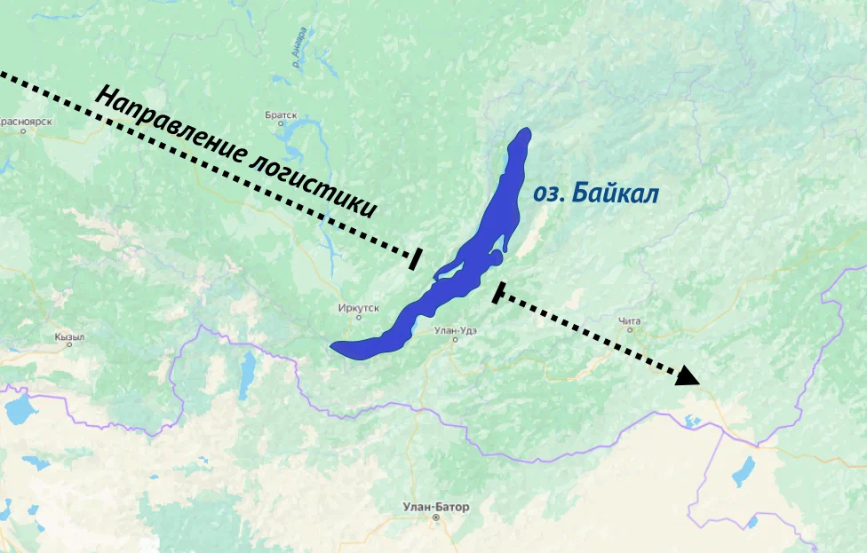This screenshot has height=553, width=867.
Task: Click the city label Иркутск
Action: pyautogui.click(x=358, y=308)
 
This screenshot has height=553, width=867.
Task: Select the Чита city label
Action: pyautogui.click(x=629, y=320)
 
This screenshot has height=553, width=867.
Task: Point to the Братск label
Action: pyautogui.click(x=281, y=115)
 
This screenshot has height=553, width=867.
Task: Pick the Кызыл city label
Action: pyautogui.click(x=69, y=337)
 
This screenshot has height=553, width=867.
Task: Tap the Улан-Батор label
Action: pyautogui.click(x=435, y=507)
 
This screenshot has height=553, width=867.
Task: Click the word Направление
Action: pyautogui.click(x=169, y=125)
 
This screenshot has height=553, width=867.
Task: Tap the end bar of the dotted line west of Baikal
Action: pyautogui.click(x=415, y=257)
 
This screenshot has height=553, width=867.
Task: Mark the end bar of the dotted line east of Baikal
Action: pyautogui.click(x=498, y=292)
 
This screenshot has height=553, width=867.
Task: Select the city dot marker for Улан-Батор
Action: pyautogui.click(x=435, y=517)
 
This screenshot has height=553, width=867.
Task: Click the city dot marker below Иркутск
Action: pyautogui.click(x=358, y=317)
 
